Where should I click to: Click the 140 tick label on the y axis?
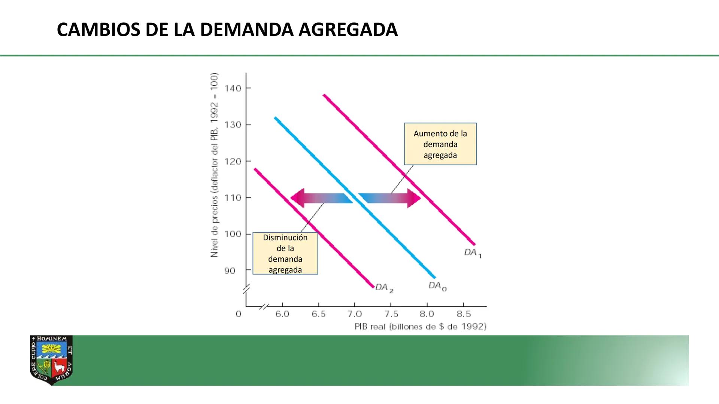point(233,88)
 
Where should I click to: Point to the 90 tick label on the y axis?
point(230,270)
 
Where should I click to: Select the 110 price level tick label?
point(233,198)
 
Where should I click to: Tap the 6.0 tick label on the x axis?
point(282,314)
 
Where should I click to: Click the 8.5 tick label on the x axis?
point(463,314)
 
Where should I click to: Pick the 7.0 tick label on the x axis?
point(354,314)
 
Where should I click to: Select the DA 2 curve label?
point(384,288)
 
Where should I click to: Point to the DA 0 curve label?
point(437,286)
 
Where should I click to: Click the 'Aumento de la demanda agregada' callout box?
point(440,144)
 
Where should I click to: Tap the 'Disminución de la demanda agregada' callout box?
point(285,253)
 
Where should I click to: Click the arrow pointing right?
point(391,198)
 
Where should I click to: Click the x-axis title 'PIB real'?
point(420,327)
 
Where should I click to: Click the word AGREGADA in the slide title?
point(348,30)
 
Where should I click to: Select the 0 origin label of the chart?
point(239,314)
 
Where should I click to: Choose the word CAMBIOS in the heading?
point(98,30)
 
